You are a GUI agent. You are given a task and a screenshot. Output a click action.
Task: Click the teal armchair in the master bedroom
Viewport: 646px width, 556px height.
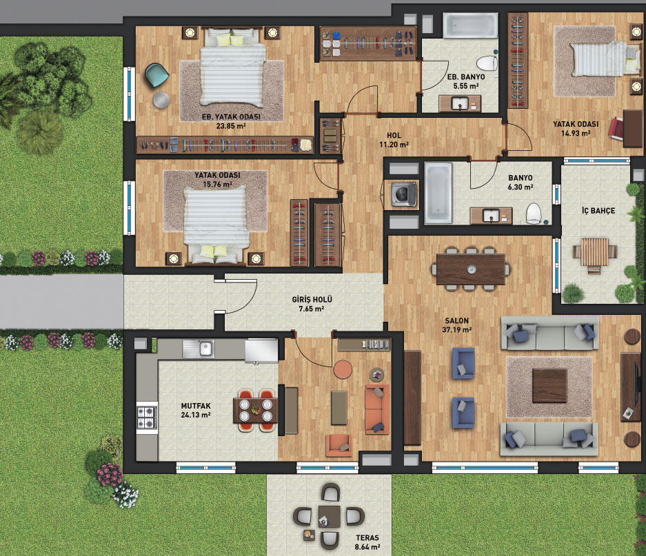(x=157, y=75)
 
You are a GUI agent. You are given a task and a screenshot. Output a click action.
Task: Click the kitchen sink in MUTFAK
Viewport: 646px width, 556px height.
(x=199, y=349)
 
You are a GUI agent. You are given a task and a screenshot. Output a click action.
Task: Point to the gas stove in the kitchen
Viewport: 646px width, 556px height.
(x=147, y=418)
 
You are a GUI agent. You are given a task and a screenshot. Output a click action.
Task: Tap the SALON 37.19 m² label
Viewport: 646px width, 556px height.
(x=457, y=325)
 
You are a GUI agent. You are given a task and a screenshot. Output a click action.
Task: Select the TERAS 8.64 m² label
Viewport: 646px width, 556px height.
(x=367, y=542)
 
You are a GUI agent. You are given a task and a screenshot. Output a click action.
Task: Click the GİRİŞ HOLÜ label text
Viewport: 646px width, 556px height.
(x=312, y=300)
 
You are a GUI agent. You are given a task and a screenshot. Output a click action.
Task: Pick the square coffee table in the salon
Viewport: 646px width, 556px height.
(x=549, y=386)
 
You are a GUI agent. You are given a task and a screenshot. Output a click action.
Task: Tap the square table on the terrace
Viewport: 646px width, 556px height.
(x=329, y=517)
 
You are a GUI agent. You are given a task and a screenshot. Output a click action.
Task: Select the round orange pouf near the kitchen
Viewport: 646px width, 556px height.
(x=343, y=369)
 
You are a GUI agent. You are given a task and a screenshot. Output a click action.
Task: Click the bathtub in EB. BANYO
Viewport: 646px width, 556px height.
(x=470, y=25)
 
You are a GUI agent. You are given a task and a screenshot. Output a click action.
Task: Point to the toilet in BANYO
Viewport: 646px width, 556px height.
(x=534, y=213)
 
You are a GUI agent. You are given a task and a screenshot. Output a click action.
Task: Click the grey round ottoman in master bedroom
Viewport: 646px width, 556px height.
(x=161, y=100)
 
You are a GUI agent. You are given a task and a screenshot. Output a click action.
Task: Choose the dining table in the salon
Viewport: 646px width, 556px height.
(x=472, y=269)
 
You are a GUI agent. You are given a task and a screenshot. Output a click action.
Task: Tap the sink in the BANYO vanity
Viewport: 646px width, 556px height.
(x=491, y=216)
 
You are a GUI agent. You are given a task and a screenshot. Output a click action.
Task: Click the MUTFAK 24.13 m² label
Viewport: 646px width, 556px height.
(x=196, y=410)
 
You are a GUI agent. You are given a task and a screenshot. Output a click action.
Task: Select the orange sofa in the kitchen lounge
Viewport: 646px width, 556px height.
(x=377, y=409)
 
